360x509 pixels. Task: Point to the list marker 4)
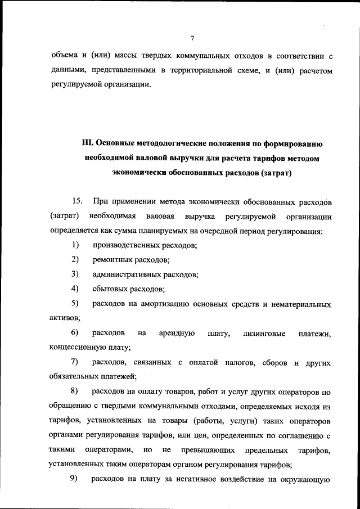74,289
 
